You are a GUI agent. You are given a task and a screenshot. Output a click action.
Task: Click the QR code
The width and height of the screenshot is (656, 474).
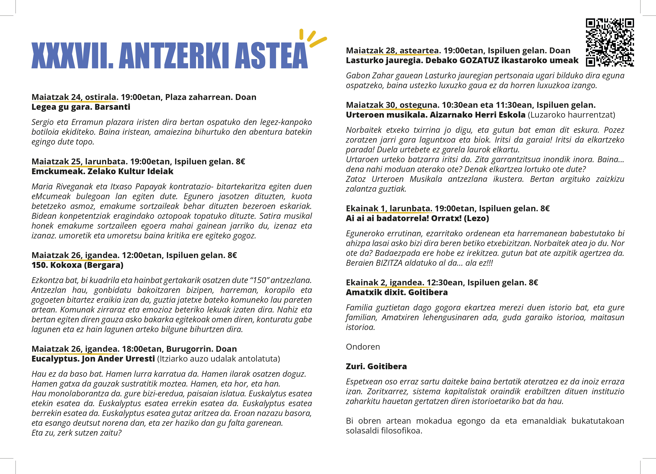(610, 42)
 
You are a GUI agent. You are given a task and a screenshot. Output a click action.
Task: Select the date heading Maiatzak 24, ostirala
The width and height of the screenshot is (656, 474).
(75, 97)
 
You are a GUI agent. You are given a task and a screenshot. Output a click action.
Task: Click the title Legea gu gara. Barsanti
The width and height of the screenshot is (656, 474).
(81, 107)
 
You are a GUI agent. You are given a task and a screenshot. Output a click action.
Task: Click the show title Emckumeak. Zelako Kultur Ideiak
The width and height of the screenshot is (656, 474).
(102, 171)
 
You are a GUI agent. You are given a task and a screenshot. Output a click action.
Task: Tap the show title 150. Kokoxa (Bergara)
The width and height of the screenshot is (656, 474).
(77, 265)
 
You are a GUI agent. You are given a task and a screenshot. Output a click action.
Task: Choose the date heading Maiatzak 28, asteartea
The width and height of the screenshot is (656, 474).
(393, 51)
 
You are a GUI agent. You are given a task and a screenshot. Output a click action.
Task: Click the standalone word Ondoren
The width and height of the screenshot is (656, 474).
(363, 347)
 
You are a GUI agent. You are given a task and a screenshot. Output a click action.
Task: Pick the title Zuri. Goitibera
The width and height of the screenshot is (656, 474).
(376, 367)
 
